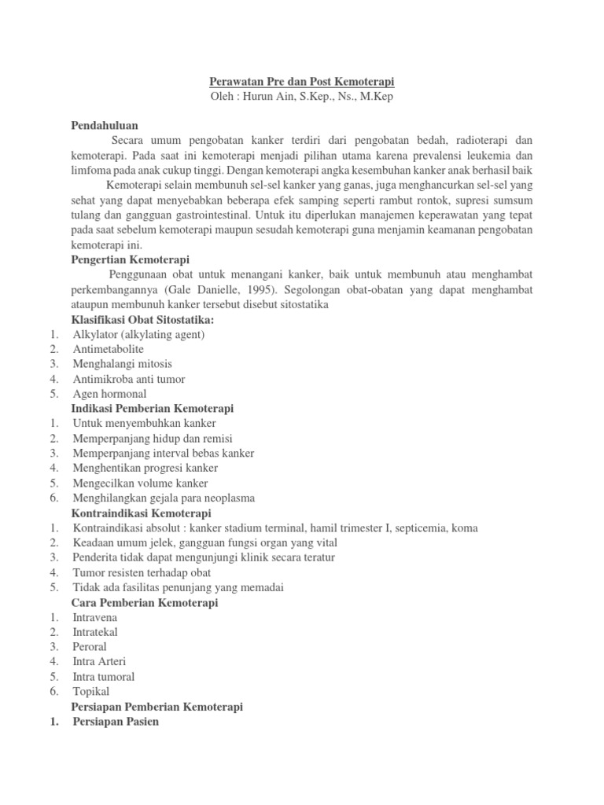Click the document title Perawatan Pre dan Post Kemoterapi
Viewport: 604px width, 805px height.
coord(301,82)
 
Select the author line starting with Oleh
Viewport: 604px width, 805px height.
coord(301,97)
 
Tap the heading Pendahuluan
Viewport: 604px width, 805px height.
coord(105,125)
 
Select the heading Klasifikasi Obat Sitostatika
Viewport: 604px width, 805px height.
coord(142,319)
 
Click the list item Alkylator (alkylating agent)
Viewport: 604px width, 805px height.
coord(138,334)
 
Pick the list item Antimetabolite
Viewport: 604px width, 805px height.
coord(109,349)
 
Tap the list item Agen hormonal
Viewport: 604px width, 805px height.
coord(109,394)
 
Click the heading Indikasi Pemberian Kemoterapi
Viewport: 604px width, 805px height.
coord(153,409)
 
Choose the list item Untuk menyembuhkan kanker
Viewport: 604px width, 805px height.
coord(133,424)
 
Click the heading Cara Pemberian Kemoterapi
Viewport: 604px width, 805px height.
coord(145,603)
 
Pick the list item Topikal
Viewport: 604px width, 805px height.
coord(91,692)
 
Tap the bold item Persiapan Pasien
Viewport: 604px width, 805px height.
coord(116,722)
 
